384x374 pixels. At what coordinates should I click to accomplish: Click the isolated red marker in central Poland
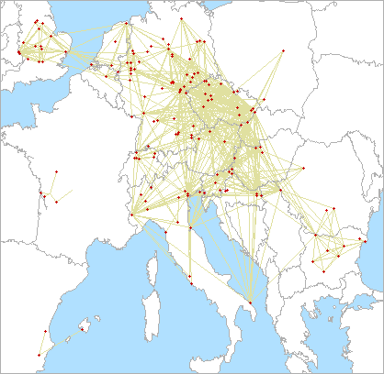click(x=284, y=49)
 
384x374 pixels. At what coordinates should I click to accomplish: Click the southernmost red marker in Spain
click(x=39, y=355)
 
